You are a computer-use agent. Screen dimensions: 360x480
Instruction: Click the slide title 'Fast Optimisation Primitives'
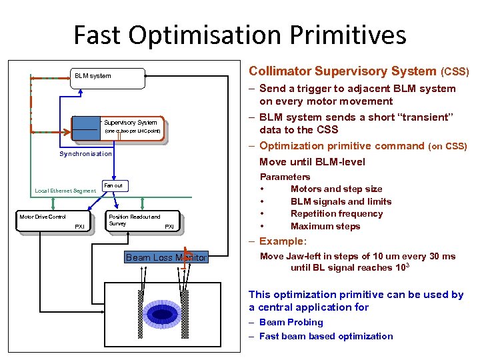pos(239,35)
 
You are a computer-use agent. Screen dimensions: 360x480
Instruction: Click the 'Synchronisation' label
pos(86,153)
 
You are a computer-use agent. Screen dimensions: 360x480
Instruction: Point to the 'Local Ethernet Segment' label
pos(65,191)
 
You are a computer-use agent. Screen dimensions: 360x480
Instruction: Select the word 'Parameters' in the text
pos(285,177)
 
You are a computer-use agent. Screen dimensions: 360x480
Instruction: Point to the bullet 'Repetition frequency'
pos(336,214)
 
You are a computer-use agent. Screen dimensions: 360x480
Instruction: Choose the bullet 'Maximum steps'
pos(325,226)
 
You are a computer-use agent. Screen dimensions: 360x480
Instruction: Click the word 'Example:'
pos(283,241)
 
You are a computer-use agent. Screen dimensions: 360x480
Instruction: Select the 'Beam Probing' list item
pos(291,322)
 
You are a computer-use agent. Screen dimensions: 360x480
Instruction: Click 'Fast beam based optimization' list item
pos(326,336)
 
